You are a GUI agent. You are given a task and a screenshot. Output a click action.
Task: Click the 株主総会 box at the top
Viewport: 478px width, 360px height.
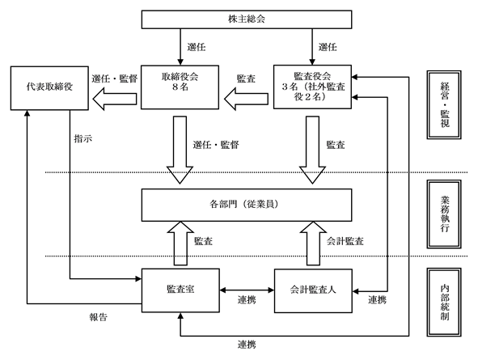click(x=247, y=19)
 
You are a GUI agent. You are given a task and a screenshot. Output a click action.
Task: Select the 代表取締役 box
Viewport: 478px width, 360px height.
click(x=49, y=88)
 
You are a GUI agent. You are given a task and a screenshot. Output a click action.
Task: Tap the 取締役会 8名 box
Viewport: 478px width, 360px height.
click(x=180, y=87)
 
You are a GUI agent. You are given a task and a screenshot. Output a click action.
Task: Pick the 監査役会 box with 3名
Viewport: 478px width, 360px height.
click(x=312, y=87)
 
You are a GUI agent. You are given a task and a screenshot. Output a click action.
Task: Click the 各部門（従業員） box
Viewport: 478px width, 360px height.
click(x=247, y=205)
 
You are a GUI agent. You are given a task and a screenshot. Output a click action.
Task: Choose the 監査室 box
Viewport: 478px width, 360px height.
click(x=180, y=290)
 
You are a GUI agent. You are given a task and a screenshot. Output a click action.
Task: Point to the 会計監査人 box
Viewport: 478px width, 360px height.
click(x=313, y=290)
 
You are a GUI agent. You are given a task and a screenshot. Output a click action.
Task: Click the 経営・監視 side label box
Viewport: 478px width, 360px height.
click(x=444, y=105)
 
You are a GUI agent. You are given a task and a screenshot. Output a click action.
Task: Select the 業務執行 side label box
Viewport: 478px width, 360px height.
click(x=444, y=214)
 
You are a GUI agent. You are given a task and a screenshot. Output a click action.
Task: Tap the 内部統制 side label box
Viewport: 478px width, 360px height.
click(x=444, y=302)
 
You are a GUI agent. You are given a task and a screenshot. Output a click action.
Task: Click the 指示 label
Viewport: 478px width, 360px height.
click(x=83, y=138)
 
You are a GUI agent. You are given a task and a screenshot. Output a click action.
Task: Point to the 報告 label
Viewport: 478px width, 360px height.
click(x=98, y=317)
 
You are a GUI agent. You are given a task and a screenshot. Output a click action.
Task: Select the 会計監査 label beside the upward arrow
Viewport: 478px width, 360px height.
click(x=345, y=241)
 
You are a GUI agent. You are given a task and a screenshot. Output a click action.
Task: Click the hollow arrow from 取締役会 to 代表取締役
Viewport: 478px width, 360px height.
click(x=115, y=99)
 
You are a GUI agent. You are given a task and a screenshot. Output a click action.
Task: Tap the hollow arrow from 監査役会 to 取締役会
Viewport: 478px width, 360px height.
click(x=247, y=99)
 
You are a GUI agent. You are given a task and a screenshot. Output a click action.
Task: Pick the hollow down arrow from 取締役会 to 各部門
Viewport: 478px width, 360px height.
click(x=180, y=150)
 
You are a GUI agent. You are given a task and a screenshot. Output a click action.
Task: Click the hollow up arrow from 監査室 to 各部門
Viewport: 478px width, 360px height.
click(x=180, y=244)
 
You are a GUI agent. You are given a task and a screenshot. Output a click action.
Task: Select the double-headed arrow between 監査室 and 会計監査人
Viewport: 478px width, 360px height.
click(x=247, y=290)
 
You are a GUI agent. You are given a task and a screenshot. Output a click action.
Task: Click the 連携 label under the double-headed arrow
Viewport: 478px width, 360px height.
click(x=247, y=300)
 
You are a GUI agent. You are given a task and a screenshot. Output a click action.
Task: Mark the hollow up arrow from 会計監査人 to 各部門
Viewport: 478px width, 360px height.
click(x=313, y=244)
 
